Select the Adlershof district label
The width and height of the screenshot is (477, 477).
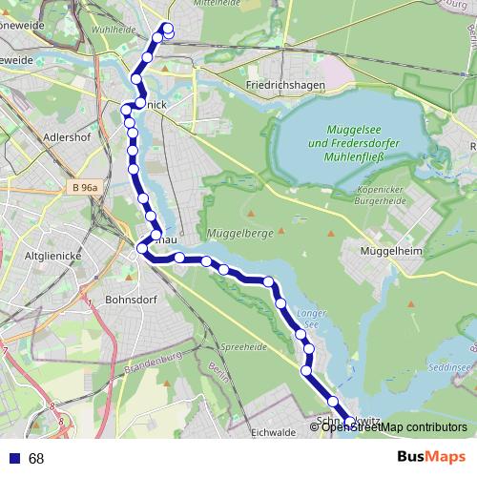66,136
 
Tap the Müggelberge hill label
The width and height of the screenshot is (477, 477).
240,233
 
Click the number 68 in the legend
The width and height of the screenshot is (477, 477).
36,459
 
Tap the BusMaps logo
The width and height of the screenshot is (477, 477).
431,458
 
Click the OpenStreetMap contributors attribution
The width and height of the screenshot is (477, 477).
391,427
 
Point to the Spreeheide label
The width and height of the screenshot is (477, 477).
242,347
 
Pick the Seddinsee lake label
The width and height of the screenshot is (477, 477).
449,366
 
